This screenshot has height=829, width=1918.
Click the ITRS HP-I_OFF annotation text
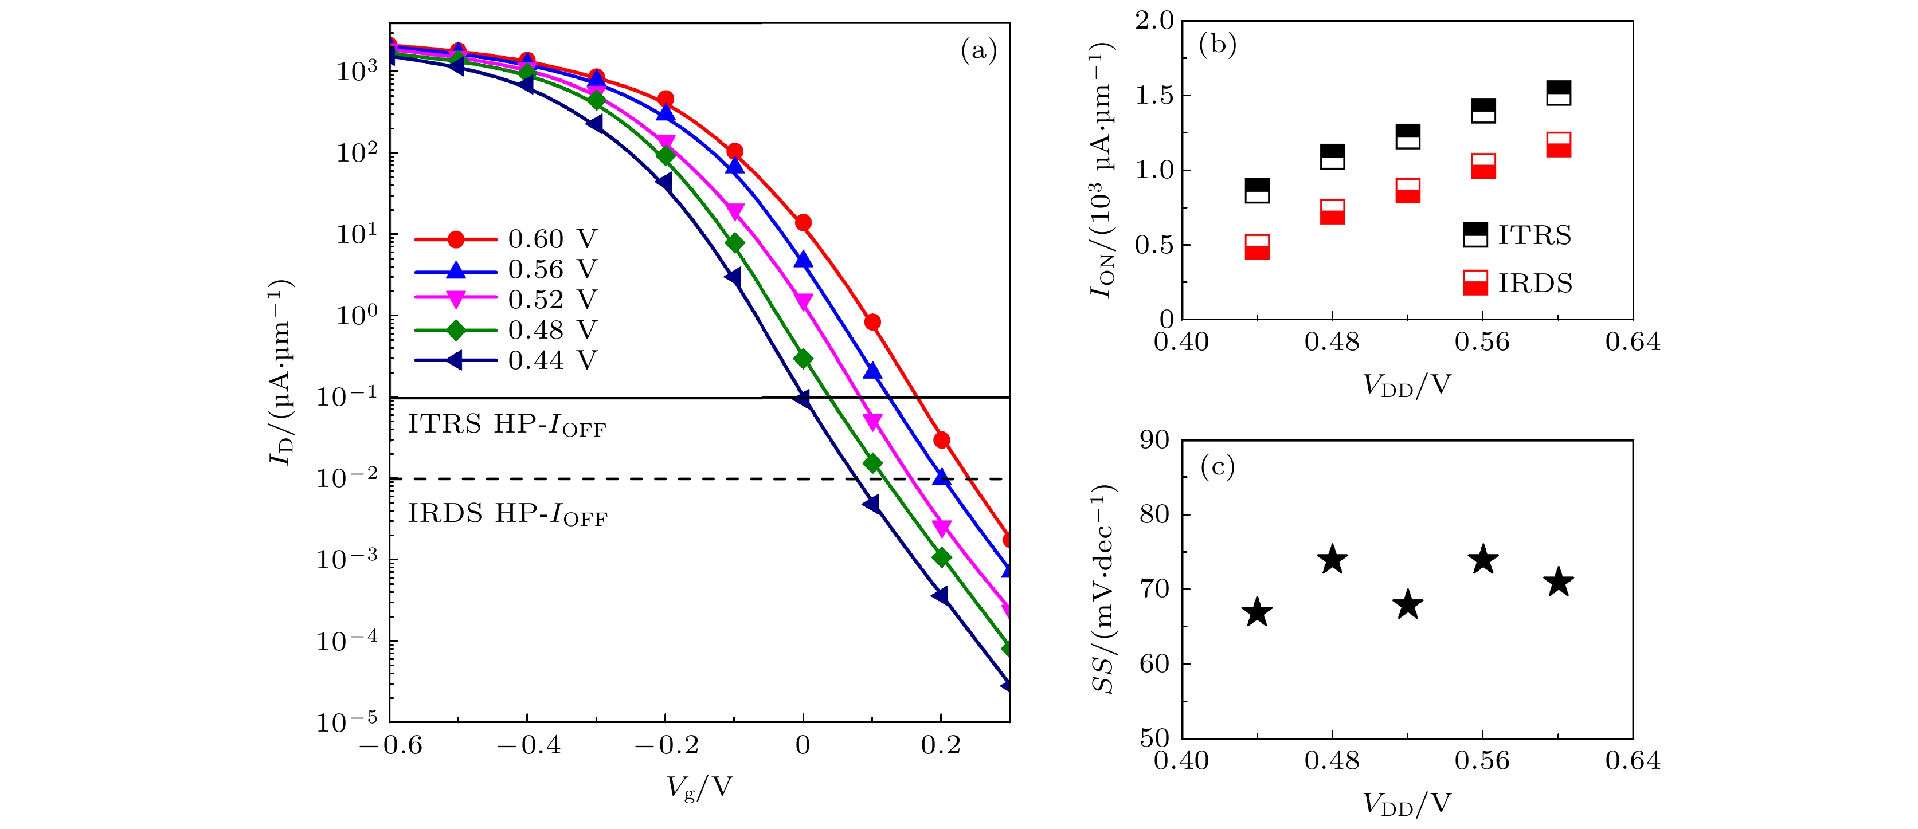coord(506,425)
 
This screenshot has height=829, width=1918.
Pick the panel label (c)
coord(1218,466)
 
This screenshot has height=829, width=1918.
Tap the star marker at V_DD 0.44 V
coord(1258,612)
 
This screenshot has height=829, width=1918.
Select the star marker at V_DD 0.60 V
coord(1559,582)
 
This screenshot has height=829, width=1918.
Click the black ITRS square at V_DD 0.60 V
coord(1559,93)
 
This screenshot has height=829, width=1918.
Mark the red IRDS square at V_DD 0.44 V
coord(1257,247)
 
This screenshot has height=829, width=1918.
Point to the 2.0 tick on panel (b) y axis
coord(1153,21)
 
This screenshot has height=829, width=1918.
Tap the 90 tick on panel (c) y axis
coord(1154,441)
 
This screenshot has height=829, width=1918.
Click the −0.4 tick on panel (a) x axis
coord(528,745)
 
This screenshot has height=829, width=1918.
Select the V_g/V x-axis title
coord(699,787)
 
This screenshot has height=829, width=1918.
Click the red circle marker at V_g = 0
coord(803,222)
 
